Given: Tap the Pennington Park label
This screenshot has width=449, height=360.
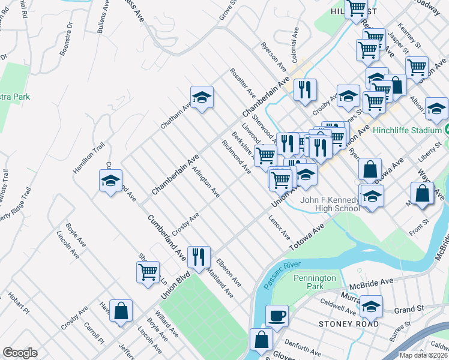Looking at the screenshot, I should tap(315, 282).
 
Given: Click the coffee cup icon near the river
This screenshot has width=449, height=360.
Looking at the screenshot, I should tap(277, 315).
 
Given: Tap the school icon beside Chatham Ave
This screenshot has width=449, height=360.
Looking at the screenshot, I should tap(202, 97).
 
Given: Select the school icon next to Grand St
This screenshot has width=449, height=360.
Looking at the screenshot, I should tap(371, 307).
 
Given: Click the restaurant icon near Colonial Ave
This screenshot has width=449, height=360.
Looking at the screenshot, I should tap(306, 90).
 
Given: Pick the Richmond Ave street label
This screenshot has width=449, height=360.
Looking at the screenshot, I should tap(236, 157).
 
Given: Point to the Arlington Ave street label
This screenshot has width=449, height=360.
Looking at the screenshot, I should tap(205, 182).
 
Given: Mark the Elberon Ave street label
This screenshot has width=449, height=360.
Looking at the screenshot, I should tap(229, 272).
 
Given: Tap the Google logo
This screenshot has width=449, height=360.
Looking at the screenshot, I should tap(20, 353).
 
